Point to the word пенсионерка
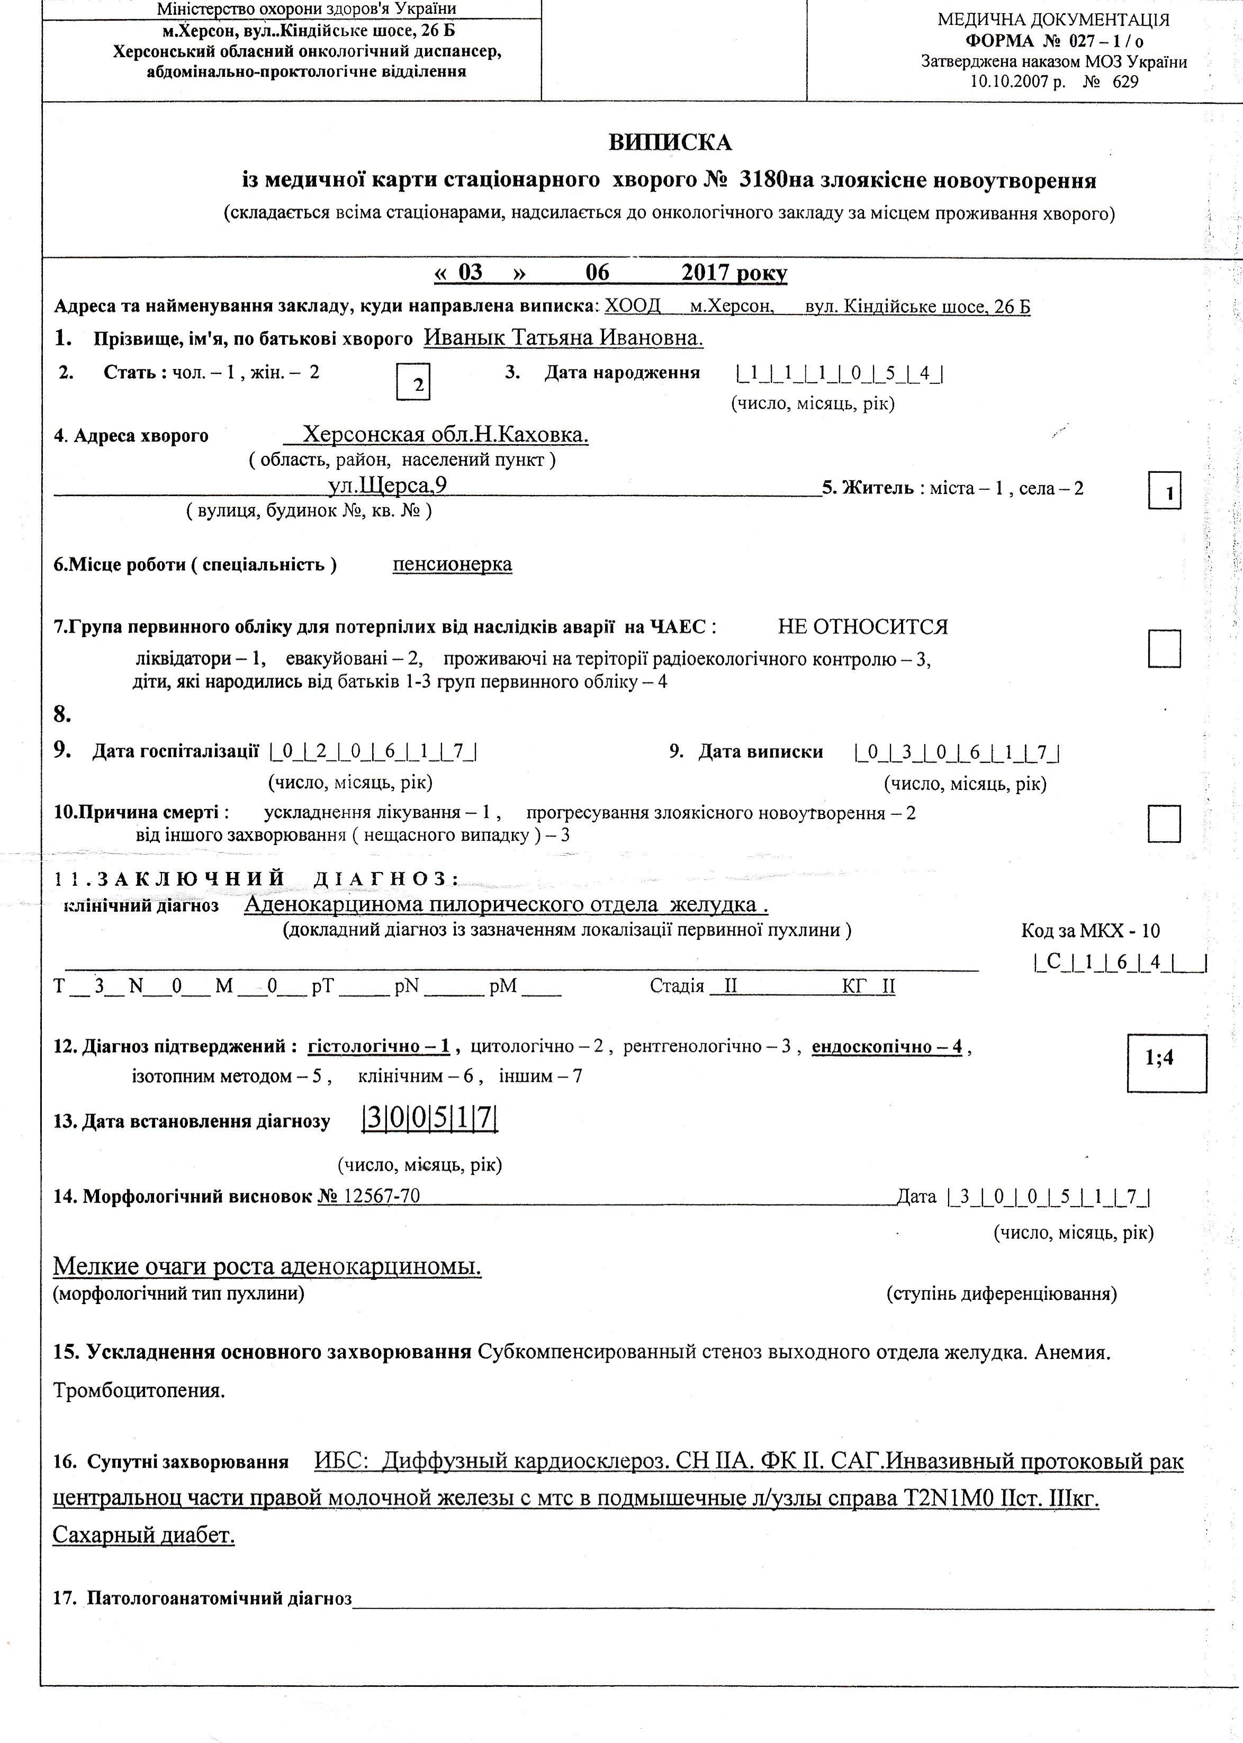(452, 564)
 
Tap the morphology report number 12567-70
(382, 1196)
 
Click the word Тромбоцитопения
(139, 1390)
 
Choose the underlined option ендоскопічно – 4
(886, 1046)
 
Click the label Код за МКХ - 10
(1090, 931)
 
